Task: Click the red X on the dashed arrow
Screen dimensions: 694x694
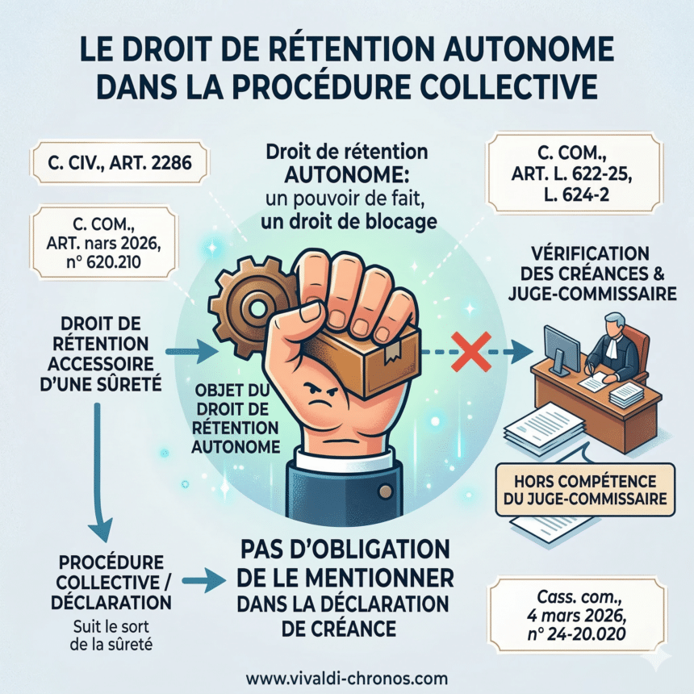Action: [x=471, y=352]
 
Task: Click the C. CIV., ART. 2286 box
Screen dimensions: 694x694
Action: [x=119, y=162]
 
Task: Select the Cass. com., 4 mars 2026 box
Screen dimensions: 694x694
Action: [x=576, y=615]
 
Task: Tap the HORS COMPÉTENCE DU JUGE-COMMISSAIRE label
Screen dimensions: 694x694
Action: [x=585, y=490]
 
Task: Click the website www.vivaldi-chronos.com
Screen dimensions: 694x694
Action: [x=346, y=679]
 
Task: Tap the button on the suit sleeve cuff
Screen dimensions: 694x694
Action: [x=386, y=491]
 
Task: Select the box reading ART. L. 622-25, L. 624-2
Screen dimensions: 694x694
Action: [x=575, y=173]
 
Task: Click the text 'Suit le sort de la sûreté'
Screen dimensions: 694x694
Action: [x=111, y=635]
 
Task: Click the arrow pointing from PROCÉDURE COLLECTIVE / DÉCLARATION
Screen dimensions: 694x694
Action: [x=204, y=582]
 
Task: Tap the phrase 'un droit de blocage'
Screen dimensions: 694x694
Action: [x=349, y=221]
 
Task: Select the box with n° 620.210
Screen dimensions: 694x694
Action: [x=103, y=243]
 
